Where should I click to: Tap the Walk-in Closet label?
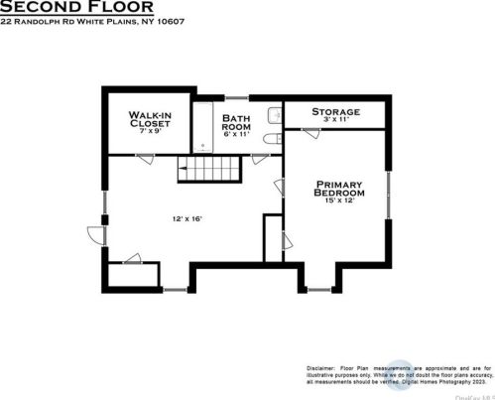[x=151, y=121]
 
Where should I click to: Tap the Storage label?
[x=335, y=111]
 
